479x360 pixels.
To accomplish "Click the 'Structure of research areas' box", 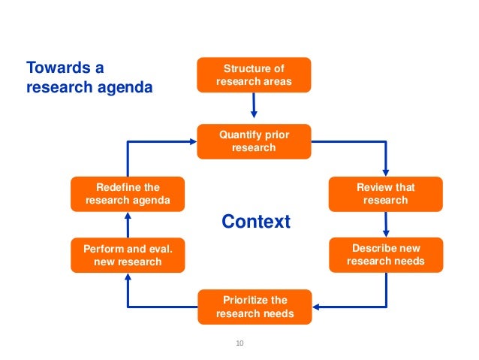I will [253, 74].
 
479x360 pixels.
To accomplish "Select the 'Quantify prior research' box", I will [253, 141].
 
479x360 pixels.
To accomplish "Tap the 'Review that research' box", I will [385, 193].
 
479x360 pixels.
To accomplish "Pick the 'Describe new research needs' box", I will [385, 254].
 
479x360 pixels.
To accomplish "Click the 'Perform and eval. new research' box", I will [127, 255].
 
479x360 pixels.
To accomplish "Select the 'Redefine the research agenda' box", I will [127, 193].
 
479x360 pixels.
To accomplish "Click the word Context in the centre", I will [255, 222].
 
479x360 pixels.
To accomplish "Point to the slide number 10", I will [240, 343].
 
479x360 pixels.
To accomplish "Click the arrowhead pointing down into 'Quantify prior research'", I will [254, 116].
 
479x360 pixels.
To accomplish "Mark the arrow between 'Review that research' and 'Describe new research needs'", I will [385, 224].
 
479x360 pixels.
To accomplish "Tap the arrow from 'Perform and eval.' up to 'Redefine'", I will [127, 224].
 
